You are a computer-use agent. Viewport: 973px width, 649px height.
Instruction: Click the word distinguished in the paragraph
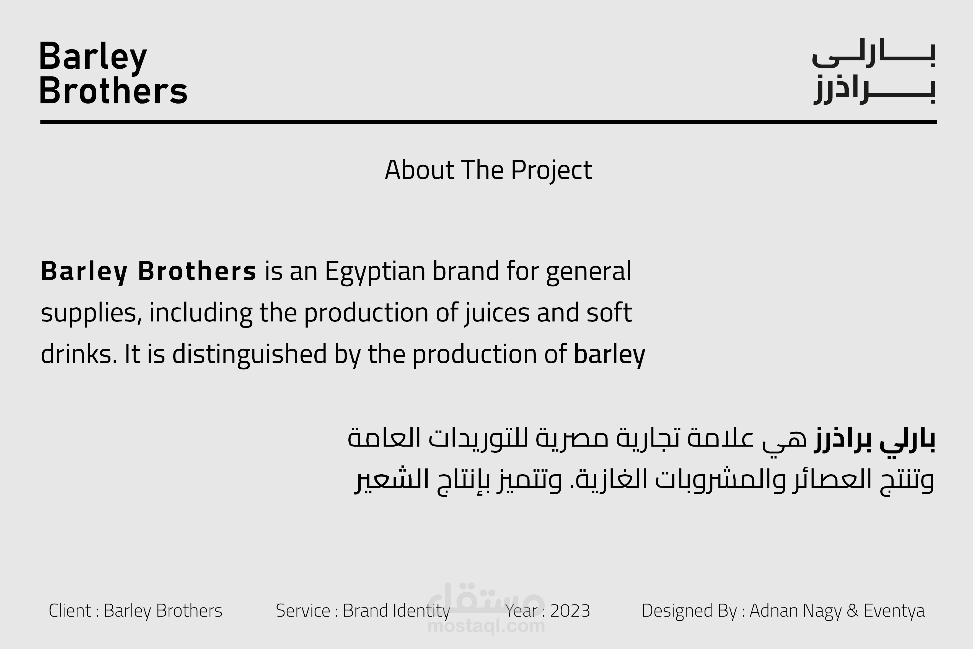pyautogui.click(x=249, y=355)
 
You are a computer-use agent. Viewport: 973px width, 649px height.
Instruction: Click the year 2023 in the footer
pyautogui.click(x=570, y=611)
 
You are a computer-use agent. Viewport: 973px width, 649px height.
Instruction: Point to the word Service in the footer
pyautogui.click(x=303, y=611)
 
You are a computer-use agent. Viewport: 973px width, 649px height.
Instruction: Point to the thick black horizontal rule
pyautogui.click(x=488, y=122)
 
